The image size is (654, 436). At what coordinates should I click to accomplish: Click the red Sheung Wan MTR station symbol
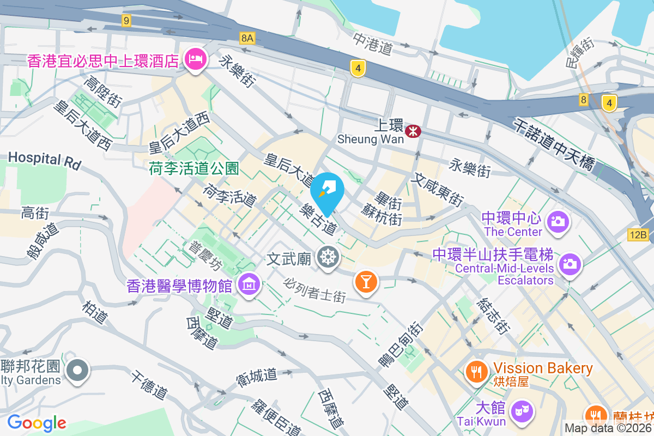pos(413,130)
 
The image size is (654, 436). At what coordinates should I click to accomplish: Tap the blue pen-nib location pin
pos(327,191)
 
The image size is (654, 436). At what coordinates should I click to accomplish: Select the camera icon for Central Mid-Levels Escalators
pos(570,264)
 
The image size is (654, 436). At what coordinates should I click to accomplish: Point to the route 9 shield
pos(126,21)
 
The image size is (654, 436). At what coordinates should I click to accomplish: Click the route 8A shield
pos(247,38)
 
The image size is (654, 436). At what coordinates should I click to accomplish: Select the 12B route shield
pos(638,235)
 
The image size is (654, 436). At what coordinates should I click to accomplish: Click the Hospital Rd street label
pos(44,159)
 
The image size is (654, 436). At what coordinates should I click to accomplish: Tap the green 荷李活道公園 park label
pos(194,168)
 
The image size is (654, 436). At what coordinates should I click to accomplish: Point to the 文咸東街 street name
pos(438,189)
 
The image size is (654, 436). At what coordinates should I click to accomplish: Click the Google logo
pos(37,422)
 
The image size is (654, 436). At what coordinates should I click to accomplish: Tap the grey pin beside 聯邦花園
pos(77,371)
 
